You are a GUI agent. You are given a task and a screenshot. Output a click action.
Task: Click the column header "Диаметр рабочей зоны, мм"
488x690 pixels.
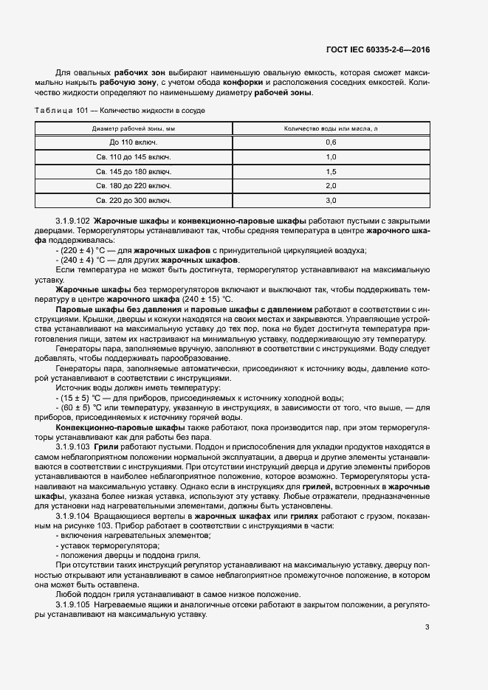pos(134,128)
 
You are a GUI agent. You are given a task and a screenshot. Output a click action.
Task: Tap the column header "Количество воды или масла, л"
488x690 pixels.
pos(331,128)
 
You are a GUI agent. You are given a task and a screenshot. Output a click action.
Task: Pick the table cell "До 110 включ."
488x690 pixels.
pos(134,142)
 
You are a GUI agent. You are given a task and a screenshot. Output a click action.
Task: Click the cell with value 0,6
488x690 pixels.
pos(331,142)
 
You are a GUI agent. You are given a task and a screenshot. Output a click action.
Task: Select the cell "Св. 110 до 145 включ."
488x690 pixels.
pos(134,156)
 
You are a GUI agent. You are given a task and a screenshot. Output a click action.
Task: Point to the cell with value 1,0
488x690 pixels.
pos(331,156)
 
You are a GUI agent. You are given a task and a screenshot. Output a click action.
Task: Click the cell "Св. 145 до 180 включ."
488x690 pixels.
pos(134,171)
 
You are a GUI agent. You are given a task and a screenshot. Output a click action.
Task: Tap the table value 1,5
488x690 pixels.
pos(331,171)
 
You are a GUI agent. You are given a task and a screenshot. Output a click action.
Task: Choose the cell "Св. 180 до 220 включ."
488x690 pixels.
pos(134,185)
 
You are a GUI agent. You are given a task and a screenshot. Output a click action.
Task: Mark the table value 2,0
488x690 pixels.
pos(331,185)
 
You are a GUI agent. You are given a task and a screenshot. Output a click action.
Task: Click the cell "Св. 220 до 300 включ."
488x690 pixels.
pos(134,200)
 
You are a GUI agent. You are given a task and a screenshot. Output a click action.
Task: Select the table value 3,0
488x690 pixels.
pos(331,200)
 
